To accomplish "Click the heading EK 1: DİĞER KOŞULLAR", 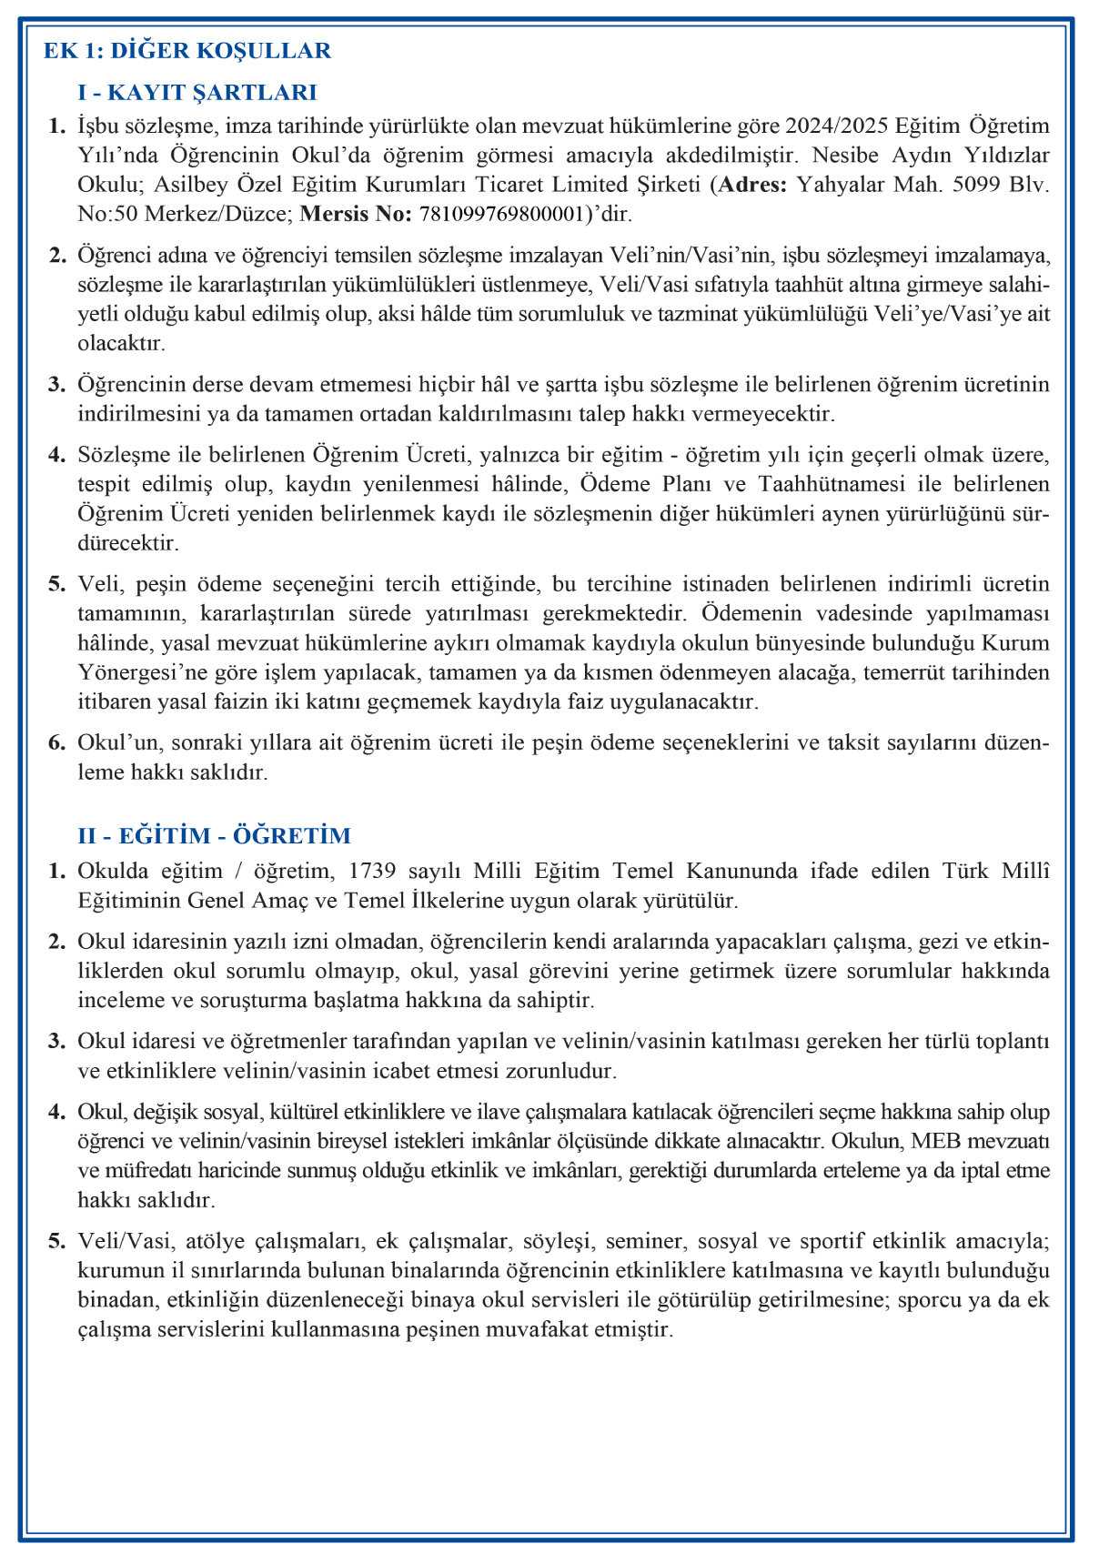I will pos(187,51).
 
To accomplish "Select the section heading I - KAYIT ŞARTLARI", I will pos(197,92).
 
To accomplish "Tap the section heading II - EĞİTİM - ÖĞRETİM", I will pos(215,835).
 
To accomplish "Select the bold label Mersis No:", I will pos(356,215).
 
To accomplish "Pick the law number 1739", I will pos(372,871).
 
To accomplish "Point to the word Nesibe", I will pos(843,155).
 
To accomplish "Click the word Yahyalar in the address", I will pos(840,185).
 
